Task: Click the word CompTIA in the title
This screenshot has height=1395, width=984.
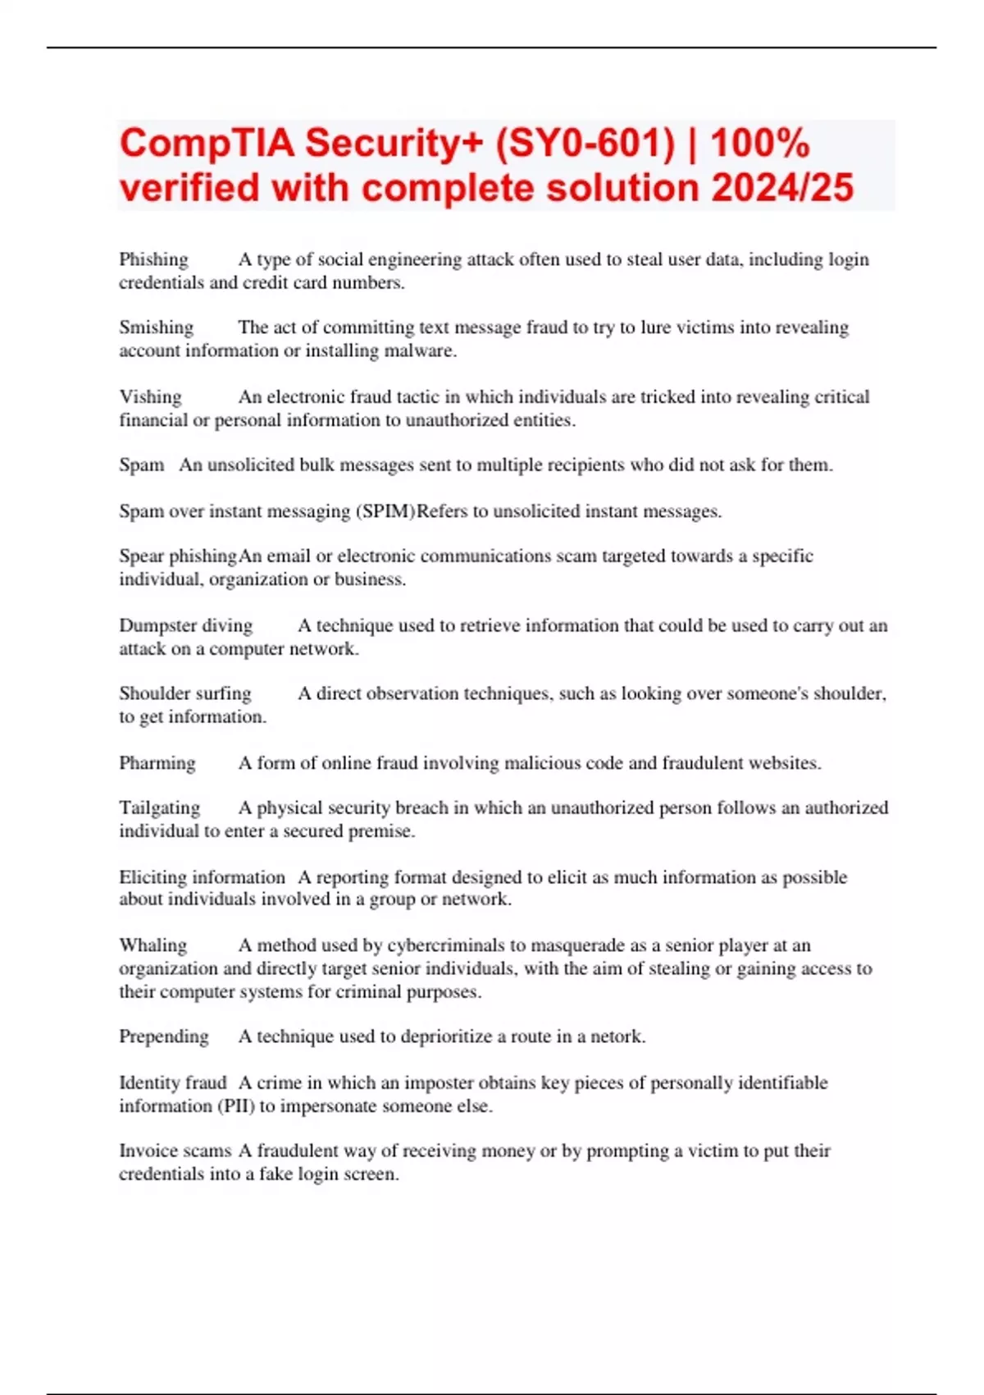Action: (x=207, y=143)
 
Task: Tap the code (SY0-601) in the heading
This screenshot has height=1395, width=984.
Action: (x=585, y=143)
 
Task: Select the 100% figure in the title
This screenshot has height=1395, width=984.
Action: (x=760, y=143)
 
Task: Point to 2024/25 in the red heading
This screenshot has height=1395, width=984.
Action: (x=782, y=188)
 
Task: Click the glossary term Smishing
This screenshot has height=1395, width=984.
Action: (x=156, y=327)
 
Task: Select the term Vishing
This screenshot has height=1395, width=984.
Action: (x=150, y=397)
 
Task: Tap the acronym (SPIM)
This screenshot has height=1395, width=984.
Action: (x=385, y=511)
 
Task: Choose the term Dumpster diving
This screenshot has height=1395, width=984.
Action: (x=185, y=625)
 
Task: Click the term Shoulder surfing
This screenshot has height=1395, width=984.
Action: (x=184, y=693)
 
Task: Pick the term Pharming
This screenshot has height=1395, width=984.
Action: (x=157, y=763)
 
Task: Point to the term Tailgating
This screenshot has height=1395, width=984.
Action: (x=159, y=807)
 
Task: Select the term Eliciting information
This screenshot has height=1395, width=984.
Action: (x=202, y=877)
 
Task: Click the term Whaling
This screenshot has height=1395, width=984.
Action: (x=153, y=945)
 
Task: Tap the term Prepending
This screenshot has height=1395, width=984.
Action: (x=163, y=1036)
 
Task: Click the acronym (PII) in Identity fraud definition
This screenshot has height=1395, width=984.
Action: (x=236, y=1106)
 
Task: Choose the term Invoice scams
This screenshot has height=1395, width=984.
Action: (x=175, y=1150)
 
